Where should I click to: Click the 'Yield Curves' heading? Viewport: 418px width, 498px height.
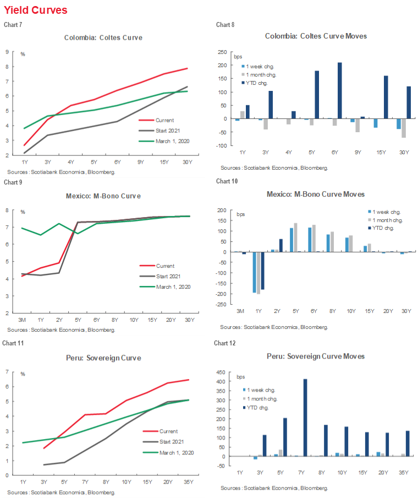pos(36,10)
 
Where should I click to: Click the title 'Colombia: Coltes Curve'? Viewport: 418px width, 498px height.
pos(103,37)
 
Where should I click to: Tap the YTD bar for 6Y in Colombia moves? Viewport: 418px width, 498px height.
pos(340,90)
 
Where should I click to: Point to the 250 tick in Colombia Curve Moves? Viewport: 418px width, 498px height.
pos(223,52)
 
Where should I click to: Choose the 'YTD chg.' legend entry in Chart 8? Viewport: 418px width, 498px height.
pos(262,83)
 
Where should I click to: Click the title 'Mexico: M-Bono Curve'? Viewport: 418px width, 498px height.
pos(103,196)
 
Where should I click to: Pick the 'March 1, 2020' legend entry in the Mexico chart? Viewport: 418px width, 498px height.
pos(171,286)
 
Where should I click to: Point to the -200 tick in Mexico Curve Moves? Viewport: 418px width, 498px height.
pos(222,294)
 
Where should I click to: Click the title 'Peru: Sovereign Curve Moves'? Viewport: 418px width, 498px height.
pos(316,356)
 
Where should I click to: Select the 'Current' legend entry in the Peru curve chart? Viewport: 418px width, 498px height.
pos(168,431)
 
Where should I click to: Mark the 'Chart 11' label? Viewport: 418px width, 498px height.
pos(12,343)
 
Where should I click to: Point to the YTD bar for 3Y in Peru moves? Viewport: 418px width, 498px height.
pos(265,446)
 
